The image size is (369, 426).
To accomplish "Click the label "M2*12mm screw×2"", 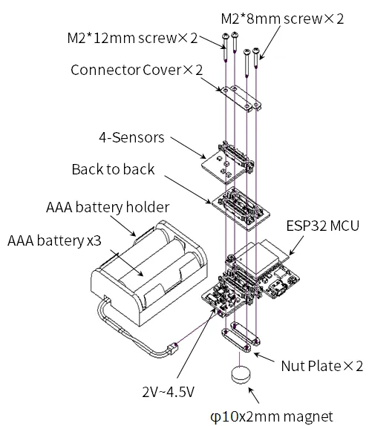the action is pyautogui.click(x=132, y=38).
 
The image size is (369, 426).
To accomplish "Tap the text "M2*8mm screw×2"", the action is pyautogui.click(x=282, y=19).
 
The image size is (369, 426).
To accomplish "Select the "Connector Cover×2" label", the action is pyautogui.click(x=137, y=70).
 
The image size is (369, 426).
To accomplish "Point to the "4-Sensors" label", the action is pyautogui.click(x=131, y=137).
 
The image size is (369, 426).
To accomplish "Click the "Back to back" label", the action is pyautogui.click(x=113, y=169).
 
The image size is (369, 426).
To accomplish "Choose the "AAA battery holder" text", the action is pyautogui.click(x=108, y=207).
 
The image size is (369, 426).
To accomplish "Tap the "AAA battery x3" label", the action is pyautogui.click(x=54, y=240).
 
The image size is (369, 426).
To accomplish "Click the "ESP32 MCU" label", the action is pyautogui.click(x=323, y=226).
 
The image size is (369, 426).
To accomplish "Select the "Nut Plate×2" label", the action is pyautogui.click(x=322, y=366).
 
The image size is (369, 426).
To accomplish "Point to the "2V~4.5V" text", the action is pyautogui.click(x=169, y=392).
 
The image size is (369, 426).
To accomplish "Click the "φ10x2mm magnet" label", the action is pyautogui.click(x=272, y=417).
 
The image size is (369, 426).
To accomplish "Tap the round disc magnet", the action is pyautogui.click(x=241, y=375).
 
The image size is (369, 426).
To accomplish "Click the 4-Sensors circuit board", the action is pyautogui.click(x=228, y=163).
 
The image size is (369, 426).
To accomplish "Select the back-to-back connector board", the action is pyautogui.click(x=241, y=209).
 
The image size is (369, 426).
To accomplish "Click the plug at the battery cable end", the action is pyautogui.click(x=173, y=349).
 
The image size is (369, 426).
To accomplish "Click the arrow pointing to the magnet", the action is pyautogui.click(x=254, y=396).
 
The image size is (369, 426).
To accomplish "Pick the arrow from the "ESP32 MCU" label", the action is pyautogui.click(x=296, y=246).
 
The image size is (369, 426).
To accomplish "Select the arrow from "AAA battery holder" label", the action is pyautogui.click(x=123, y=226).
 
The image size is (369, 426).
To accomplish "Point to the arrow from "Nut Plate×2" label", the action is pyautogui.click(x=264, y=357).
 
